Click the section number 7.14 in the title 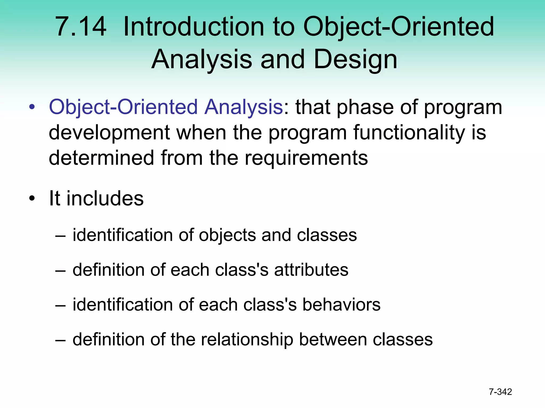pyautogui.click(x=80, y=27)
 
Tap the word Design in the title pyautogui.click(x=356, y=59)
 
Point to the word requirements pyautogui.click(x=306, y=158)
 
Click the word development pyautogui.click(x=109, y=133)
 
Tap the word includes pyautogui.click(x=105, y=198)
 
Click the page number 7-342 pyautogui.click(x=500, y=392)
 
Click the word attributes pyautogui.click(x=311, y=270)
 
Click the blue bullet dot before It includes pyautogui.click(x=32, y=198)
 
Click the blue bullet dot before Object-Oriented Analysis pyautogui.click(x=32, y=107)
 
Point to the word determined pyautogui.click(x=101, y=158)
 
